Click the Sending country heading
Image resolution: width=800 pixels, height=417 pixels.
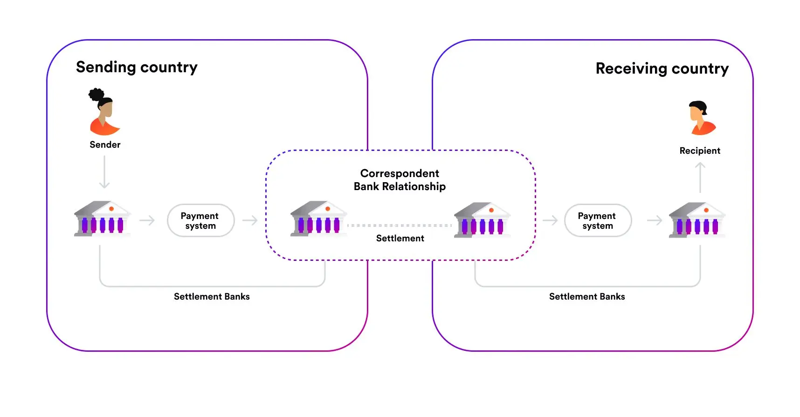click(x=137, y=68)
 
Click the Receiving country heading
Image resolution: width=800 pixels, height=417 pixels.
click(x=662, y=69)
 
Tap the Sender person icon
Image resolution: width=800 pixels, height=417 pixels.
click(x=104, y=112)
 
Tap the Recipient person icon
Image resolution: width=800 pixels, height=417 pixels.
click(x=700, y=118)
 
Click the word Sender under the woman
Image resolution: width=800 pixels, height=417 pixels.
click(x=105, y=145)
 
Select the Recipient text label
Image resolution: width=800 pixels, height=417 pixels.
click(x=700, y=151)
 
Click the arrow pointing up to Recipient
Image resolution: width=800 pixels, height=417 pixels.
click(x=700, y=177)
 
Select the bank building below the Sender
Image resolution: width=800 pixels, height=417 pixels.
click(x=102, y=219)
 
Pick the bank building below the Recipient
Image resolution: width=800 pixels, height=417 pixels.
click(x=697, y=220)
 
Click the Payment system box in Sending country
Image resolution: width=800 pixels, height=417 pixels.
click(x=200, y=221)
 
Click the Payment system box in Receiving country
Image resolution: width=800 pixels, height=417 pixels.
click(x=597, y=221)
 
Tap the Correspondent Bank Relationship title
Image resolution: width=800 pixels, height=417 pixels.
click(x=400, y=180)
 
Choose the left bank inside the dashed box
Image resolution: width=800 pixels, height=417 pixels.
click(x=318, y=219)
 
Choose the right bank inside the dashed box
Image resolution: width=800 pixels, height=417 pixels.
click(x=482, y=220)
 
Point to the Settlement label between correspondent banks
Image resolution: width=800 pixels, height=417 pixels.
click(x=400, y=239)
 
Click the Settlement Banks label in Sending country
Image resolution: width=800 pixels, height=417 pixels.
click(x=212, y=297)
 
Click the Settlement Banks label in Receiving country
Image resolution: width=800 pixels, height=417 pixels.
click(x=587, y=297)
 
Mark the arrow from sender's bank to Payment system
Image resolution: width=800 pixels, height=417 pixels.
click(x=147, y=220)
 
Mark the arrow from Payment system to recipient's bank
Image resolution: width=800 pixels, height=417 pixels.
click(x=655, y=220)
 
